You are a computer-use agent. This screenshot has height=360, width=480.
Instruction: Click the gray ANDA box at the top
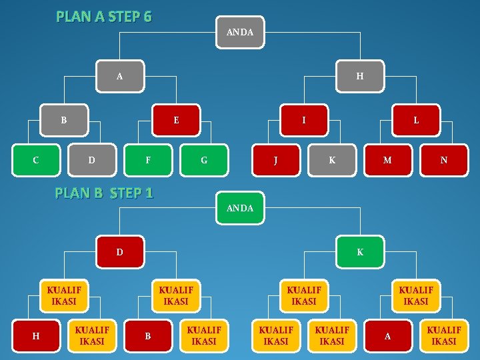(x=240, y=32)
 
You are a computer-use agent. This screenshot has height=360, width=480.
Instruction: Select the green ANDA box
(x=240, y=208)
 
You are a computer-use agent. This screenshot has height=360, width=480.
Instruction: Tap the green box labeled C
(x=36, y=160)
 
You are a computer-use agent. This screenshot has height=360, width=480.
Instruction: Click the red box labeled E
(x=176, y=121)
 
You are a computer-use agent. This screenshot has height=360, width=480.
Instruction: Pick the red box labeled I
(x=304, y=121)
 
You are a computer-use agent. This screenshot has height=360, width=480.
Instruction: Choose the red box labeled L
(x=416, y=121)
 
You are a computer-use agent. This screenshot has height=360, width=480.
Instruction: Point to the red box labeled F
(x=148, y=160)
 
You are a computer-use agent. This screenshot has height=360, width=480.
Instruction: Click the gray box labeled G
(x=204, y=160)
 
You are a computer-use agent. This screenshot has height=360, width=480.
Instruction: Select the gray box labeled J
(x=276, y=160)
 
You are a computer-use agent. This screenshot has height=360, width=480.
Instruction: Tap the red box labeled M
(x=387, y=160)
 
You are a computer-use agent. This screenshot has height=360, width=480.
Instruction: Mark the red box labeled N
(x=444, y=160)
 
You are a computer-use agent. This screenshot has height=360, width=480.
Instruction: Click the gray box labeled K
(x=332, y=160)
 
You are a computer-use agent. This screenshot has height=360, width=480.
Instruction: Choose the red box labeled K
(x=360, y=253)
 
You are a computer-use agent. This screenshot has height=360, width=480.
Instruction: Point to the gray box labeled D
(x=92, y=160)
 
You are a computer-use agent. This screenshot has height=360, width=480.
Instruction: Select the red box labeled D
(x=120, y=253)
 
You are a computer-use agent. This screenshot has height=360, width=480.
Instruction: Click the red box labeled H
(x=36, y=336)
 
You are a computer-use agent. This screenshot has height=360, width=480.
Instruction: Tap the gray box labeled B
(x=64, y=121)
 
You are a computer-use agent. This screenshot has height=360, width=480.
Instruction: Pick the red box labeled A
(x=387, y=336)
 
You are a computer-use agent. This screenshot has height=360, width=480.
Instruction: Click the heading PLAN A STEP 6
(x=104, y=16)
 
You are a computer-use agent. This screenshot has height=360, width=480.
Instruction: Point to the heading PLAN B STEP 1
(x=104, y=193)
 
